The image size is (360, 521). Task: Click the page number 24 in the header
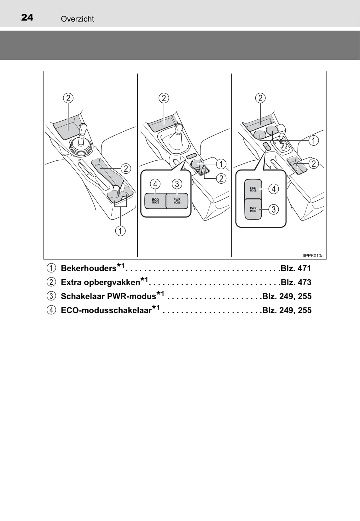tap(27, 18)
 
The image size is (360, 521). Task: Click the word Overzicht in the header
tap(78, 19)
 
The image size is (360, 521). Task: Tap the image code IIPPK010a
tap(313, 255)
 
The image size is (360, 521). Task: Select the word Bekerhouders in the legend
tap(89, 268)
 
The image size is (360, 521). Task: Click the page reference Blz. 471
tap(296, 268)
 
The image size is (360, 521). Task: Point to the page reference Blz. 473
tap(296, 282)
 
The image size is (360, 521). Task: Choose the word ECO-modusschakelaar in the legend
tap(106, 310)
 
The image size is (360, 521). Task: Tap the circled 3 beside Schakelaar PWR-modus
tap(51, 296)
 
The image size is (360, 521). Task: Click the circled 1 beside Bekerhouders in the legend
tap(51, 268)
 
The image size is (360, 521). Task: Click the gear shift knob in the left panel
tap(83, 129)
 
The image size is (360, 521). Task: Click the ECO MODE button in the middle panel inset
tap(155, 201)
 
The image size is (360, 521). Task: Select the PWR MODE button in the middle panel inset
tap(177, 201)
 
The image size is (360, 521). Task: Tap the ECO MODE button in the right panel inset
tap(253, 189)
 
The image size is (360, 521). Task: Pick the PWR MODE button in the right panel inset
tap(253, 209)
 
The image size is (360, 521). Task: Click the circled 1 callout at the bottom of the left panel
tap(120, 231)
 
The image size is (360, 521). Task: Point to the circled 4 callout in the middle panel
tap(155, 184)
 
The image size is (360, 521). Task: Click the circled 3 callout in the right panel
tap(274, 209)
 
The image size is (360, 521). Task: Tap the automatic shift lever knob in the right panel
tap(281, 129)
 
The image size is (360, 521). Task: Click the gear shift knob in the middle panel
tap(179, 129)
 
